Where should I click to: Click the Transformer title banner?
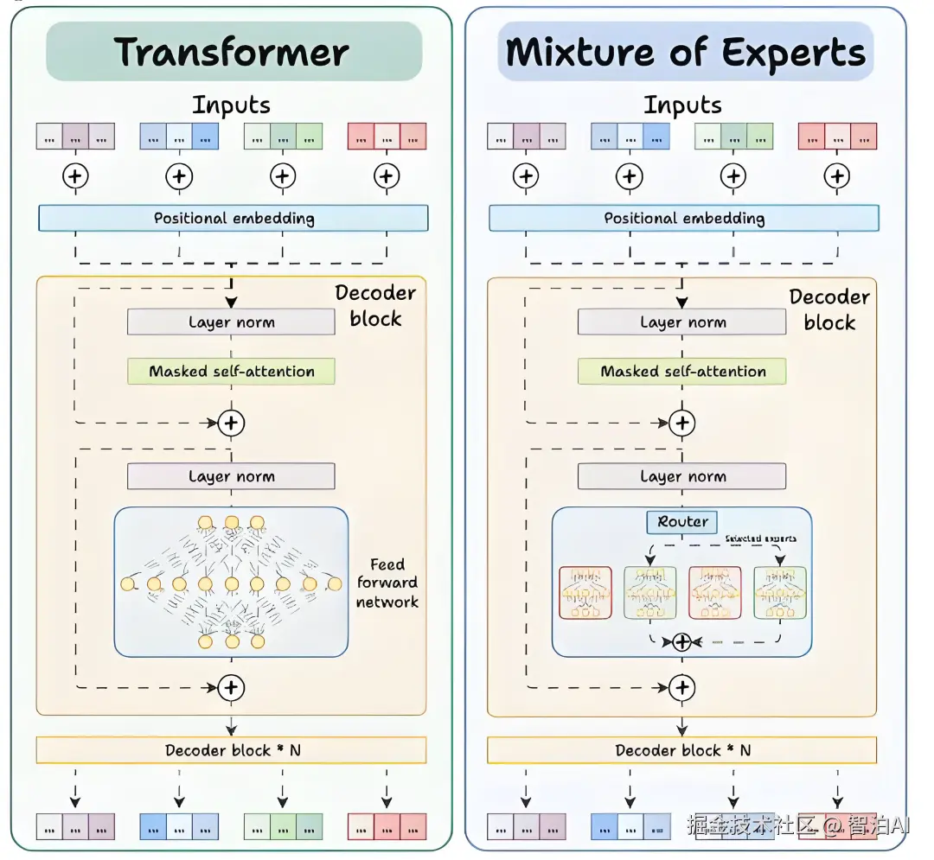pyautogui.click(x=233, y=51)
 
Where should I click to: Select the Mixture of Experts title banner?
pyautogui.click(x=685, y=51)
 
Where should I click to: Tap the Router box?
pyautogui.click(x=682, y=522)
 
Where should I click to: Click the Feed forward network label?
pyautogui.click(x=387, y=583)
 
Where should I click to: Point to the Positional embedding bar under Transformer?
pyautogui.click(x=233, y=218)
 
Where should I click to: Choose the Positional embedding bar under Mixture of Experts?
pyautogui.click(x=683, y=218)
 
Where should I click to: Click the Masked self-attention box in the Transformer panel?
pyautogui.click(x=231, y=372)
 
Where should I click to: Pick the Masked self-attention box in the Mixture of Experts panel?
pyautogui.click(x=682, y=372)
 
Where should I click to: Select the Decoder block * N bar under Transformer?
pyautogui.click(x=231, y=750)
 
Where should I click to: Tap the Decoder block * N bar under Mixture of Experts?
pyautogui.click(x=681, y=750)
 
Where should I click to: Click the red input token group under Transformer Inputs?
pyautogui.click(x=387, y=137)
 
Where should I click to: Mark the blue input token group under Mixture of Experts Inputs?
pyautogui.click(x=630, y=137)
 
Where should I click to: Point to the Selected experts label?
pyautogui.click(x=760, y=538)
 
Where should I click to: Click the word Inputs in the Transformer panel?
pyautogui.click(x=231, y=105)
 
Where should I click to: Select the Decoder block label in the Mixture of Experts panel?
pyautogui.click(x=828, y=309)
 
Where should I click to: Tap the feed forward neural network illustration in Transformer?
pyautogui.click(x=231, y=582)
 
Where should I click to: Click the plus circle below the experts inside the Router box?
pyautogui.click(x=682, y=642)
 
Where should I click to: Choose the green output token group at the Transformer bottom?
pyautogui.click(x=283, y=826)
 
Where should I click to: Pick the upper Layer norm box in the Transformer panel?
pyautogui.click(x=231, y=322)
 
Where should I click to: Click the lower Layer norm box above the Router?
pyautogui.click(x=682, y=476)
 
